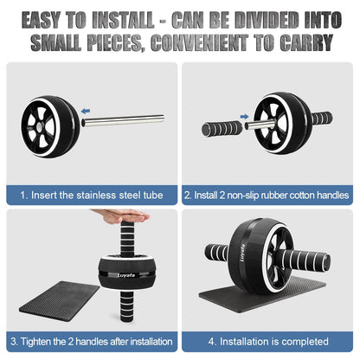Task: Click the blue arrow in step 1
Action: click(x=86, y=111)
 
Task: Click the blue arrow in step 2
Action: click(x=244, y=117)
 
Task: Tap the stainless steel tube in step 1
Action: click(x=123, y=120)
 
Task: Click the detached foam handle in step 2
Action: click(x=222, y=128)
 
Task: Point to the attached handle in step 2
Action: click(x=322, y=118)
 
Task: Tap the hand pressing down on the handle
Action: click(x=120, y=216)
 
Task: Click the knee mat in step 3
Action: click(x=60, y=301)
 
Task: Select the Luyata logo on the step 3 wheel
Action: click(x=126, y=275)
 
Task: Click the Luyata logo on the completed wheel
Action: click(x=242, y=253)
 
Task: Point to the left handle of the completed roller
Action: click(x=217, y=252)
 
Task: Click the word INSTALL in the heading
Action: click(x=123, y=21)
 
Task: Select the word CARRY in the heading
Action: click(x=306, y=43)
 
